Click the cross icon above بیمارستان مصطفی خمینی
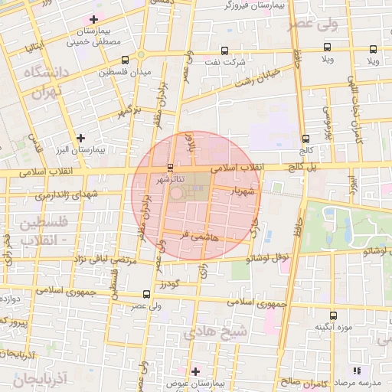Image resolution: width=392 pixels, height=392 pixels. coord(93,19)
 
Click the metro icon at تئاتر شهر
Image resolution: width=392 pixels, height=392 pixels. coord(170,167)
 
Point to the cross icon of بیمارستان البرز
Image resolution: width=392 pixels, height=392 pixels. coord(80,138)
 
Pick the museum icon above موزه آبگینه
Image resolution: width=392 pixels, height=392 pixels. coord(332,315)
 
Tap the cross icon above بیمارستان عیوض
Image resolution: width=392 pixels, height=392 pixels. coord(196,371)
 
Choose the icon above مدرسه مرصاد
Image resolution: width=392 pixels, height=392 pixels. coord(357,371)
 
